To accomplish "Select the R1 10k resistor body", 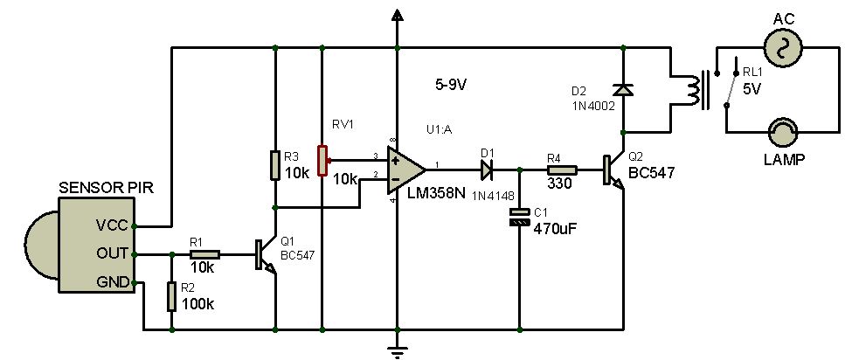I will [204, 255].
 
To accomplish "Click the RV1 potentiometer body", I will [322, 160].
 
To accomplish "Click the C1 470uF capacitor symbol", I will [520, 217].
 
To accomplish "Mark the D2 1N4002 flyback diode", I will [622, 89].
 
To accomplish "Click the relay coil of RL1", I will [696, 89].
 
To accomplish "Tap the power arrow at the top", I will [398, 15].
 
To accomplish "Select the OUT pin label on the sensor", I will [111, 254].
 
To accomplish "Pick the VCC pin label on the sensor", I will [111, 225].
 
